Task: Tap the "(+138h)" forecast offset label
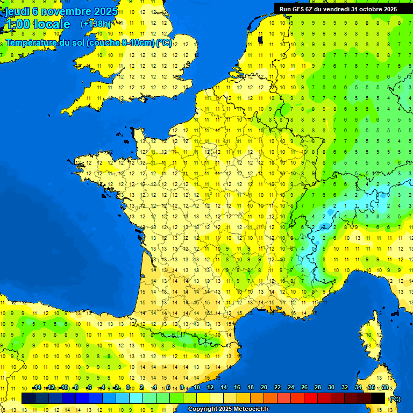tap(95, 24)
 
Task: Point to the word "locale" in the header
tap(51, 24)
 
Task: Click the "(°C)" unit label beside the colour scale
tap(395, 398)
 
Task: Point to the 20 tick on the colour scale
tap(264, 388)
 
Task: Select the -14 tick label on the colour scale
tap(37, 388)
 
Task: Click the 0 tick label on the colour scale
tap(128, 388)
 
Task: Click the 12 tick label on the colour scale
tap(210, 388)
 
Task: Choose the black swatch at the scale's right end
tap(378, 398)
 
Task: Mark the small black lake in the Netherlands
tap(260, 39)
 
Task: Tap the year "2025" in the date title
tap(105, 11)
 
